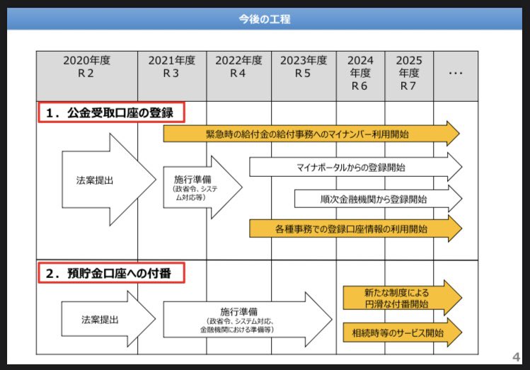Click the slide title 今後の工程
coord(265,19)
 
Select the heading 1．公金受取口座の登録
coord(110,112)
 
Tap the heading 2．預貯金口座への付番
coord(110,272)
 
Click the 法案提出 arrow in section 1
coord(106,180)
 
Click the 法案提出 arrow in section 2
coord(106,320)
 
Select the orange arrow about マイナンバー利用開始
coord(311,133)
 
